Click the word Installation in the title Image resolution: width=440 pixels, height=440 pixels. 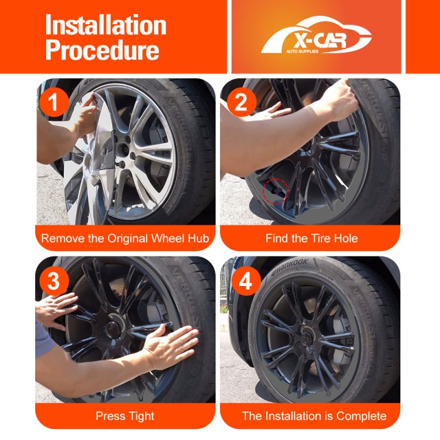point(106,25)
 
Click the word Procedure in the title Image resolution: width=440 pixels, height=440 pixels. point(102,50)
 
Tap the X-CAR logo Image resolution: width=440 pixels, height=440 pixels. point(316,36)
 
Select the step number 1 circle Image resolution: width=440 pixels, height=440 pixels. point(53,102)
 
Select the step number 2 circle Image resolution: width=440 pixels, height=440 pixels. point(241,102)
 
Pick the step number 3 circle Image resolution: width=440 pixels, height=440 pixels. point(53,280)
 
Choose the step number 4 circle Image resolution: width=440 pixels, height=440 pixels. point(246,281)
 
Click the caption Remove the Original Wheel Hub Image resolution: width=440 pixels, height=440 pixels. point(125,239)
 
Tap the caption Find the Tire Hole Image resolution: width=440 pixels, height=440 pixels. point(311,239)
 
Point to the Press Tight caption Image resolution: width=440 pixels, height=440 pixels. point(125,416)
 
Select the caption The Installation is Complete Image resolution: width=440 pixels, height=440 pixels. point(314,416)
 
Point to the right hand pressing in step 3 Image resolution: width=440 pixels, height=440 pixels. point(170,346)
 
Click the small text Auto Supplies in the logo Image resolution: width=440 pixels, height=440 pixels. point(302,51)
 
